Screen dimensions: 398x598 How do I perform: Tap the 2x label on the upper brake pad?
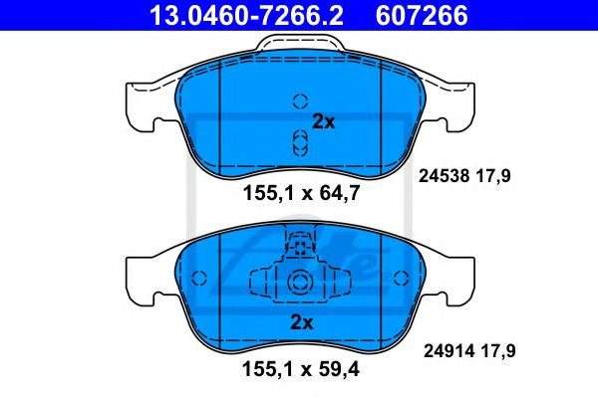(323, 122)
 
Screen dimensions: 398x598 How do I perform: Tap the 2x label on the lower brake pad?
(300, 321)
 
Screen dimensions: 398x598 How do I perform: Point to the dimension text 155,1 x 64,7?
(299, 195)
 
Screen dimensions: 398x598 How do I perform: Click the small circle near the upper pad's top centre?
(300, 100)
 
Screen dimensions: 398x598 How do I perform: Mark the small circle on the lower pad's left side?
(197, 278)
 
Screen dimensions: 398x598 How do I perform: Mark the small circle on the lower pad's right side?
(403, 278)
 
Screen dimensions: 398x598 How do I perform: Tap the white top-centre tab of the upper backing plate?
(299, 44)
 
